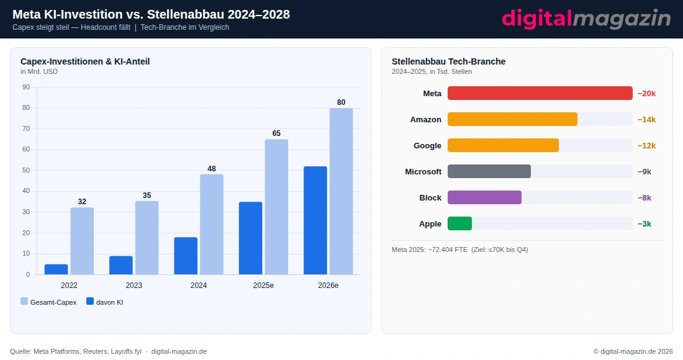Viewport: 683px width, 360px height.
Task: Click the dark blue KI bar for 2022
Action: click(x=56, y=269)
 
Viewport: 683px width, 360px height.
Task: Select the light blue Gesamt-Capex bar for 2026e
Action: click(x=341, y=191)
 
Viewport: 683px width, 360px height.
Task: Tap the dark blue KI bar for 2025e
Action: click(x=250, y=238)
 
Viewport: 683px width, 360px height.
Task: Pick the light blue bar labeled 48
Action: click(x=212, y=224)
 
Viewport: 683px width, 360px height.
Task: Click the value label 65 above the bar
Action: click(x=276, y=133)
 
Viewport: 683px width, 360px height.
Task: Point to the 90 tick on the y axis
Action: click(x=26, y=87)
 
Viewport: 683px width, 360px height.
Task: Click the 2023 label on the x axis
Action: click(x=133, y=286)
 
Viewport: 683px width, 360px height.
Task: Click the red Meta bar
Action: click(x=540, y=93)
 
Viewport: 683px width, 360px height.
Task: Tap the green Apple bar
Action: click(x=459, y=223)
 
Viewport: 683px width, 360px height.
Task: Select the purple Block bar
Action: click(x=484, y=197)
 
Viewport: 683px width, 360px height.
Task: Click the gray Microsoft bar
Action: click(x=489, y=171)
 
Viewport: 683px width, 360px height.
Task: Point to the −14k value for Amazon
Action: click(x=646, y=119)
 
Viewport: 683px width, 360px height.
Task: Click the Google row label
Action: click(x=427, y=145)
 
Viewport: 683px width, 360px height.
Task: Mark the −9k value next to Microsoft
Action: click(x=645, y=171)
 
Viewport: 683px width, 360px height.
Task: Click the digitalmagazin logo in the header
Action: click(x=586, y=19)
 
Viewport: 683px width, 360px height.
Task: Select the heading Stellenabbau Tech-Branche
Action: click(x=448, y=61)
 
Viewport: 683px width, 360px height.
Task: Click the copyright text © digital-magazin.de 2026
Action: click(x=633, y=351)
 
